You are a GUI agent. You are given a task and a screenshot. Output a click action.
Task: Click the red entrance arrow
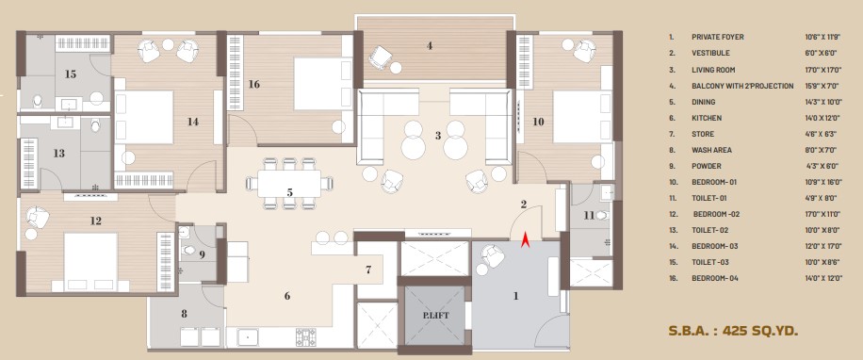(525, 240)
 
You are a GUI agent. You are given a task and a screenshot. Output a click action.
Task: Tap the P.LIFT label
(435, 316)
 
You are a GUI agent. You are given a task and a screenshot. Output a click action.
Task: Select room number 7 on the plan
(368, 270)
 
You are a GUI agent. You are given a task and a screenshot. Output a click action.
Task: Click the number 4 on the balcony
(430, 45)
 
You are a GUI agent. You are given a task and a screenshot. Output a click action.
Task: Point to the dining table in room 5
(289, 184)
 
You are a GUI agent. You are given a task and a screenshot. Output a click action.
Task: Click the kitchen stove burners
(306, 336)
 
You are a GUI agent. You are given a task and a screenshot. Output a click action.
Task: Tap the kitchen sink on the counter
(248, 336)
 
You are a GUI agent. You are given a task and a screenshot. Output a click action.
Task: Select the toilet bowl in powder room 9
(188, 250)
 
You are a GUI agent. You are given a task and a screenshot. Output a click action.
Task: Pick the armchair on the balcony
(380, 57)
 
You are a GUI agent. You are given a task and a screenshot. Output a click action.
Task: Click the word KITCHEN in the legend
(707, 118)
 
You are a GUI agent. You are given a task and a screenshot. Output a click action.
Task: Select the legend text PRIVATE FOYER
(718, 37)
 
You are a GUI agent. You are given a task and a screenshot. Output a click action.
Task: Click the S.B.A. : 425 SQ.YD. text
(733, 331)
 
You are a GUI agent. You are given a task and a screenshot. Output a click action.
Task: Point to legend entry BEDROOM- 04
(715, 279)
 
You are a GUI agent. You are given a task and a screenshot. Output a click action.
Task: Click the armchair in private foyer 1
(493, 256)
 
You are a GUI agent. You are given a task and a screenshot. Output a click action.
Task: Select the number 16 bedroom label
(253, 84)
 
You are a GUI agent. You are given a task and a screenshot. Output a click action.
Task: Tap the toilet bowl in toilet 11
(602, 215)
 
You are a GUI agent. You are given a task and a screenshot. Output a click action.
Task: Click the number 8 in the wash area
(184, 314)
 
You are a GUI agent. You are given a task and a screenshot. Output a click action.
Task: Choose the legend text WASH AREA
(710, 150)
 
